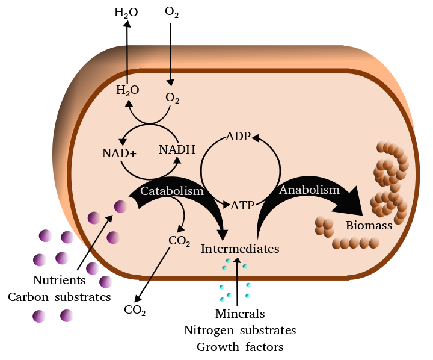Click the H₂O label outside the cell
click(x=126, y=12)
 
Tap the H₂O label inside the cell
click(x=127, y=91)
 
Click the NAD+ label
click(x=119, y=153)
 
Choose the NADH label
click(x=177, y=149)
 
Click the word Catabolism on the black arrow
click(x=172, y=191)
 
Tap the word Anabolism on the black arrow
click(x=309, y=190)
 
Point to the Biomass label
click(x=369, y=226)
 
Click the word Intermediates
click(x=240, y=248)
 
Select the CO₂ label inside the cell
click(x=179, y=242)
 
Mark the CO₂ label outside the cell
click(x=135, y=311)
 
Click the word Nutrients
click(x=59, y=280)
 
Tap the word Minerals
click(x=240, y=314)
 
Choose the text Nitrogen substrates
click(x=240, y=331)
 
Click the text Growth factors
click(x=240, y=347)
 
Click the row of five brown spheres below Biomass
click(x=356, y=243)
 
